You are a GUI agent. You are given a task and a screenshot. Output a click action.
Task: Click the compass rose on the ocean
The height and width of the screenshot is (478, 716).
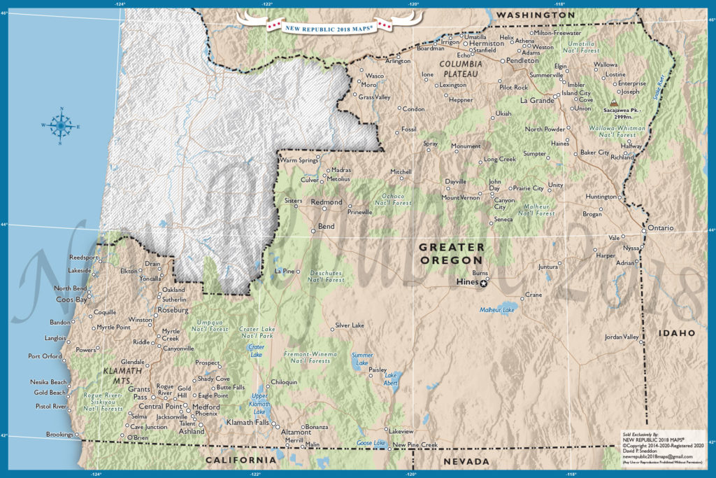(x=61, y=125)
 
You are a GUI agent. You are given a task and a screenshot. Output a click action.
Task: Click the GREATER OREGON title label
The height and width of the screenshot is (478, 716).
(x=451, y=253)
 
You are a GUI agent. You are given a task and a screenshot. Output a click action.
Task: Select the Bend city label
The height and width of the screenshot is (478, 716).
(x=327, y=227)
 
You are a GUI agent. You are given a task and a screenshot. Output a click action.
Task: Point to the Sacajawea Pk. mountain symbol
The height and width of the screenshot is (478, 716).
(x=614, y=108)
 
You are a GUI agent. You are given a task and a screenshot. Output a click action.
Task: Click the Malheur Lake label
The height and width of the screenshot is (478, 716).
(x=497, y=309)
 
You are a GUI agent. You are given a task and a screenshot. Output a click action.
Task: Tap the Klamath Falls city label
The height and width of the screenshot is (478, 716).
(x=248, y=422)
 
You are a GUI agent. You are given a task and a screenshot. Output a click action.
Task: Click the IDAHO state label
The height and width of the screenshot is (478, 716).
(x=675, y=332)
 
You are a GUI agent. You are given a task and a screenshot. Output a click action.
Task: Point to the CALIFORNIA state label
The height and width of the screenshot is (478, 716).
(x=241, y=460)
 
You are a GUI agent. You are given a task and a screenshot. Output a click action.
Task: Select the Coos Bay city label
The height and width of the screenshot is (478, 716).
(x=71, y=300)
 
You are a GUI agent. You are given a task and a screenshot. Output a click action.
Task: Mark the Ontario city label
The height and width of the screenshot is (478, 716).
(x=659, y=228)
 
